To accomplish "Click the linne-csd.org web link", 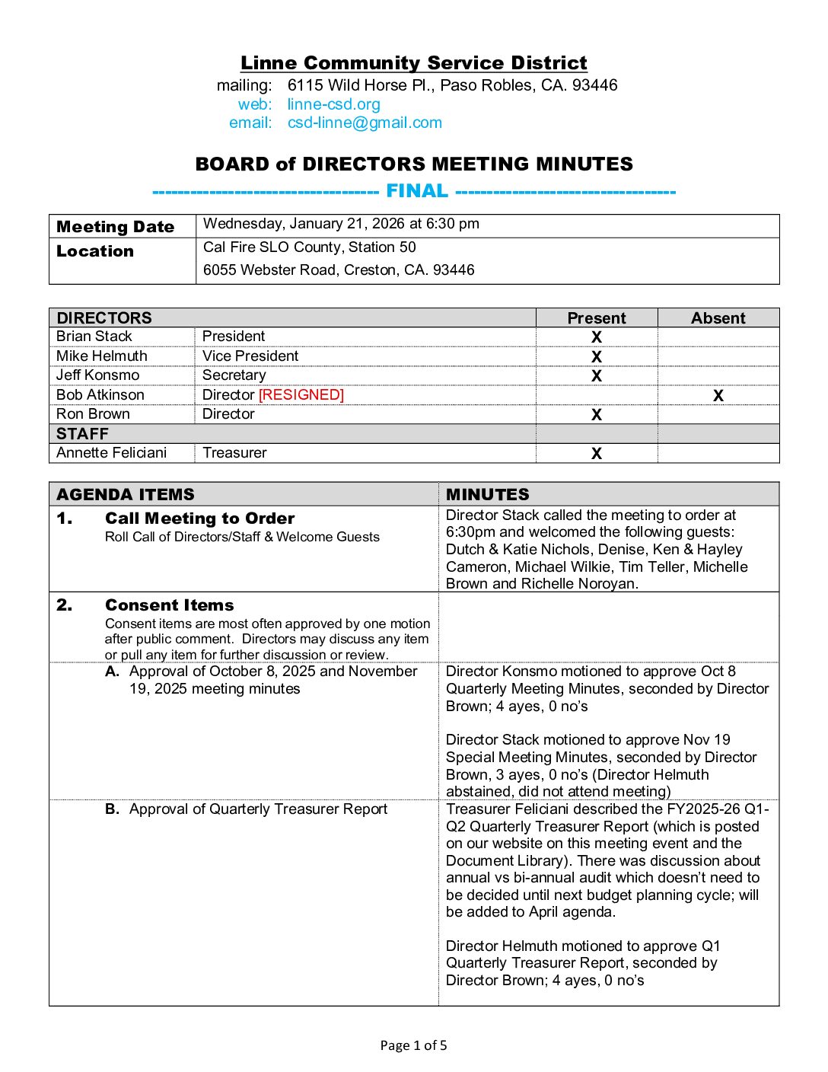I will (x=333, y=104).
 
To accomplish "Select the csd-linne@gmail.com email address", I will (x=365, y=123).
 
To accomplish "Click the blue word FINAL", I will (x=416, y=191).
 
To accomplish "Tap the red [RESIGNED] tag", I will (x=301, y=394).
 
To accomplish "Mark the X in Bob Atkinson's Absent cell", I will (x=718, y=396).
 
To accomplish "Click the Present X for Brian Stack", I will (x=597, y=337).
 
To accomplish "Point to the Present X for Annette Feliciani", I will (x=597, y=454).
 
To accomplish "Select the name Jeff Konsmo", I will (x=98, y=375).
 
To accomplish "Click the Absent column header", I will (x=718, y=318).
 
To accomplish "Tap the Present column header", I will (x=597, y=318).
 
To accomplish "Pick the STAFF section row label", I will (x=82, y=434).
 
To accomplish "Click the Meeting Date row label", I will (x=115, y=227).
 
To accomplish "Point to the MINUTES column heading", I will (x=487, y=494).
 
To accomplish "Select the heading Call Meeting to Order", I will (x=199, y=518).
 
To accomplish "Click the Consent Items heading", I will (x=169, y=605).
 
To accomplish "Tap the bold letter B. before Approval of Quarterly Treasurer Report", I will (x=113, y=809).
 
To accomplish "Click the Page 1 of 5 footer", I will (x=413, y=1045).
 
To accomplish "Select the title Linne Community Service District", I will (x=413, y=63).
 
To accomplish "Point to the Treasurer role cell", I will (x=234, y=453).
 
